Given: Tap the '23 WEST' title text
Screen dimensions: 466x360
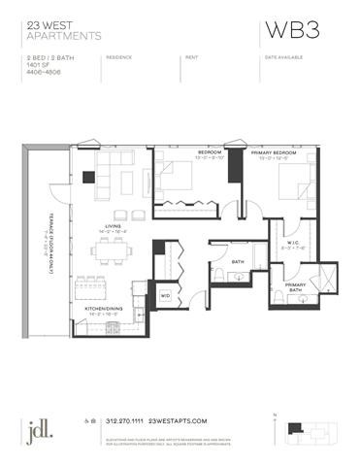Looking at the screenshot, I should (x=42, y=25).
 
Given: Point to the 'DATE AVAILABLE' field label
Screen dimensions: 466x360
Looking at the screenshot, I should (x=281, y=57).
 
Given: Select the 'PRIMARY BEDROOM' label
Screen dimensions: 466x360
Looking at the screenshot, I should (x=270, y=152).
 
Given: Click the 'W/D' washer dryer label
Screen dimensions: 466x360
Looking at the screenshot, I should (x=165, y=294).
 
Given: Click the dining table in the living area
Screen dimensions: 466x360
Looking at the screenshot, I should (x=114, y=250).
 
